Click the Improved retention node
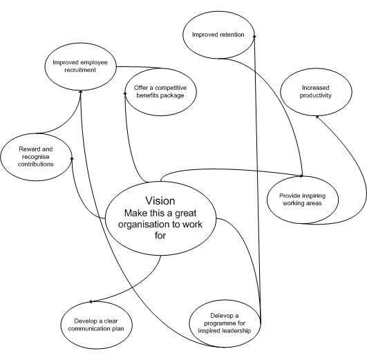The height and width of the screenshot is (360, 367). (x=218, y=34)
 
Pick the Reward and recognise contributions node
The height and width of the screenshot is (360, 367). (x=36, y=155)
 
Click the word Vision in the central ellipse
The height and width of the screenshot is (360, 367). (x=160, y=201)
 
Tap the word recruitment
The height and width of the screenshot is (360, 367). (x=79, y=70)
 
